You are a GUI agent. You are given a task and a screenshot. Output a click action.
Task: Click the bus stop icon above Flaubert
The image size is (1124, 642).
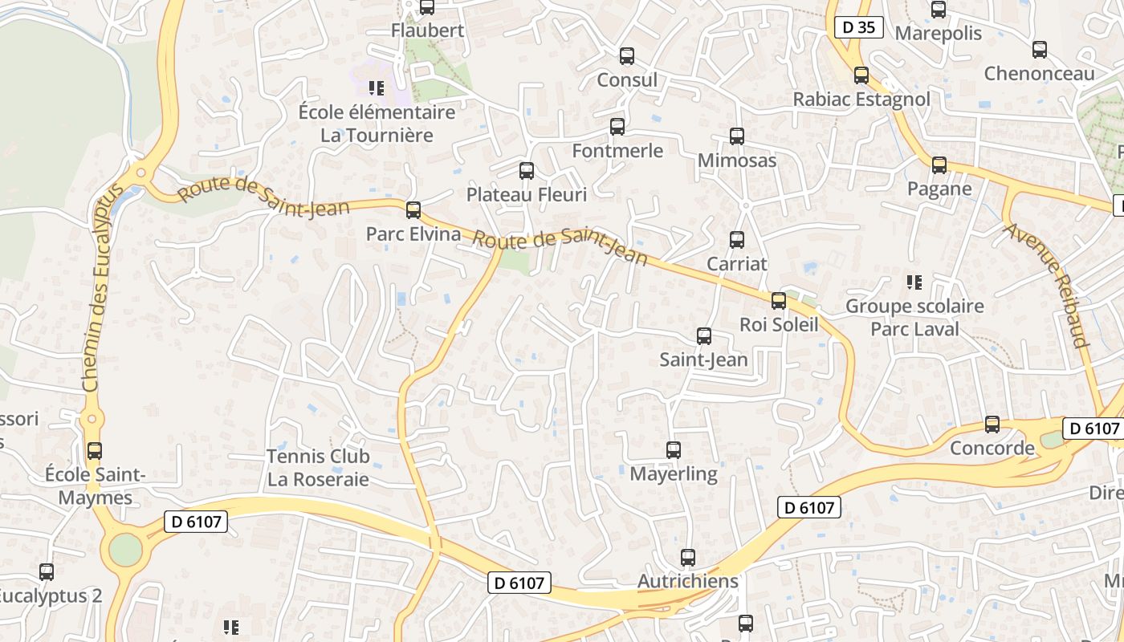(x=427, y=7)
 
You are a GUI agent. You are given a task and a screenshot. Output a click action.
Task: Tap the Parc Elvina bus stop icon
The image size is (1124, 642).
(x=413, y=210)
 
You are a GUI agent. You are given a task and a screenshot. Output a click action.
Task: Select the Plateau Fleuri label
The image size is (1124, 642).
(x=527, y=194)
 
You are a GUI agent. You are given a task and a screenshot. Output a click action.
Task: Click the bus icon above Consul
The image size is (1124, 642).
(x=627, y=56)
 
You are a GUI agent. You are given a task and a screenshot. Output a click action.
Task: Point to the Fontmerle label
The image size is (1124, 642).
(x=617, y=151)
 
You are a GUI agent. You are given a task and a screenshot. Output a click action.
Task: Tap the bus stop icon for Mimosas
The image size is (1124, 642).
(x=737, y=136)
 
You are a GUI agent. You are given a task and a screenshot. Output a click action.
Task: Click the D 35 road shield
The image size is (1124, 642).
(x=858, y=28)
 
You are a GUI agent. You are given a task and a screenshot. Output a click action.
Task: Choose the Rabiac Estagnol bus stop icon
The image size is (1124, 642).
(x=861, y=75)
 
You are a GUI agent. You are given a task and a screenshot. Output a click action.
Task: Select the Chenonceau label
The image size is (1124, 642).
(x=1039, y=74)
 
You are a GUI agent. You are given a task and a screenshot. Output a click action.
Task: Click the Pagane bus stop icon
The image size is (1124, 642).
(x=939, y=165)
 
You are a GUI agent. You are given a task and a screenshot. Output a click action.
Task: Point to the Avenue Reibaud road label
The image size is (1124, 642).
(x=1045, y=285)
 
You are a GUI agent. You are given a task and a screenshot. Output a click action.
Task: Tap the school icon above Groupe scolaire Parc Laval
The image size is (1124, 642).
(x=914, y=282)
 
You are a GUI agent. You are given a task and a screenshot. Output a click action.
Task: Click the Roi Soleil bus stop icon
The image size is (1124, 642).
(x=778, y=301)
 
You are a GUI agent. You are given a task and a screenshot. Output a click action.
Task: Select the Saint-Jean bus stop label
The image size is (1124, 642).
(x=703, y=360)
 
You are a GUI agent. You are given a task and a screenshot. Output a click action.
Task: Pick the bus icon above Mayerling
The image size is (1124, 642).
(x=674, y=450)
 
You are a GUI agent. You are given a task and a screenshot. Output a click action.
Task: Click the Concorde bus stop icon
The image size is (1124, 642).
(x=992, y=425)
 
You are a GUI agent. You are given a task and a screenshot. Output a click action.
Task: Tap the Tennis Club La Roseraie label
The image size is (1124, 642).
(x=318, y=468)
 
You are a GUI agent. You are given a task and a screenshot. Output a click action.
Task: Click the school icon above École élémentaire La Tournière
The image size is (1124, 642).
(x=376, y=87)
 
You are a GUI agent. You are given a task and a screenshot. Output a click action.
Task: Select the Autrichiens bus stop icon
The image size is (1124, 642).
(x=688, y=558)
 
